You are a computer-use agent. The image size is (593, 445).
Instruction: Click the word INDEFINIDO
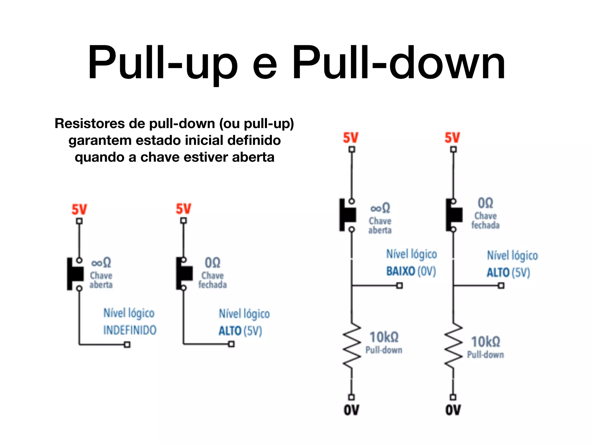click(130, 330)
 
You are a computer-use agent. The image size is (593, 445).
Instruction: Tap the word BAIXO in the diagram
click(401, 271)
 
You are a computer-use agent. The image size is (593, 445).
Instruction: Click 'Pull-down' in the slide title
click(399, 62)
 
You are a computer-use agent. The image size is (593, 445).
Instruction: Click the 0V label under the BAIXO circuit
click(351, 410)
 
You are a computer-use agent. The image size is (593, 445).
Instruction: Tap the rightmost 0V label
click(453, 410)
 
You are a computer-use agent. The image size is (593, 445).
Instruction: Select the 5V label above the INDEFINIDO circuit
click(79, 209)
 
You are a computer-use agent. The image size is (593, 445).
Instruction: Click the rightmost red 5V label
click(452, 138)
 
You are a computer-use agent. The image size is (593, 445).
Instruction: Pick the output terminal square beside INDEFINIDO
click(127, 344)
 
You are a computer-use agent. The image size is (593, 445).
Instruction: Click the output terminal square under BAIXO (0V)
click(400, 286)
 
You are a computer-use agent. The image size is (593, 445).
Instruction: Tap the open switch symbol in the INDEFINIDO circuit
click(75, 273)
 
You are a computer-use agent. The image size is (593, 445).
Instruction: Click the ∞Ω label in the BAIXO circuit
click(380, 208)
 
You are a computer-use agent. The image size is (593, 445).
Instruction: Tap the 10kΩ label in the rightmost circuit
click(486, 342)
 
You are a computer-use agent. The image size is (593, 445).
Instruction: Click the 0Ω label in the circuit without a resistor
click(213, 263)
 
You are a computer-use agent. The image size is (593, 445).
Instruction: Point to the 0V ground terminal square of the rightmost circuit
click(453, 397)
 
